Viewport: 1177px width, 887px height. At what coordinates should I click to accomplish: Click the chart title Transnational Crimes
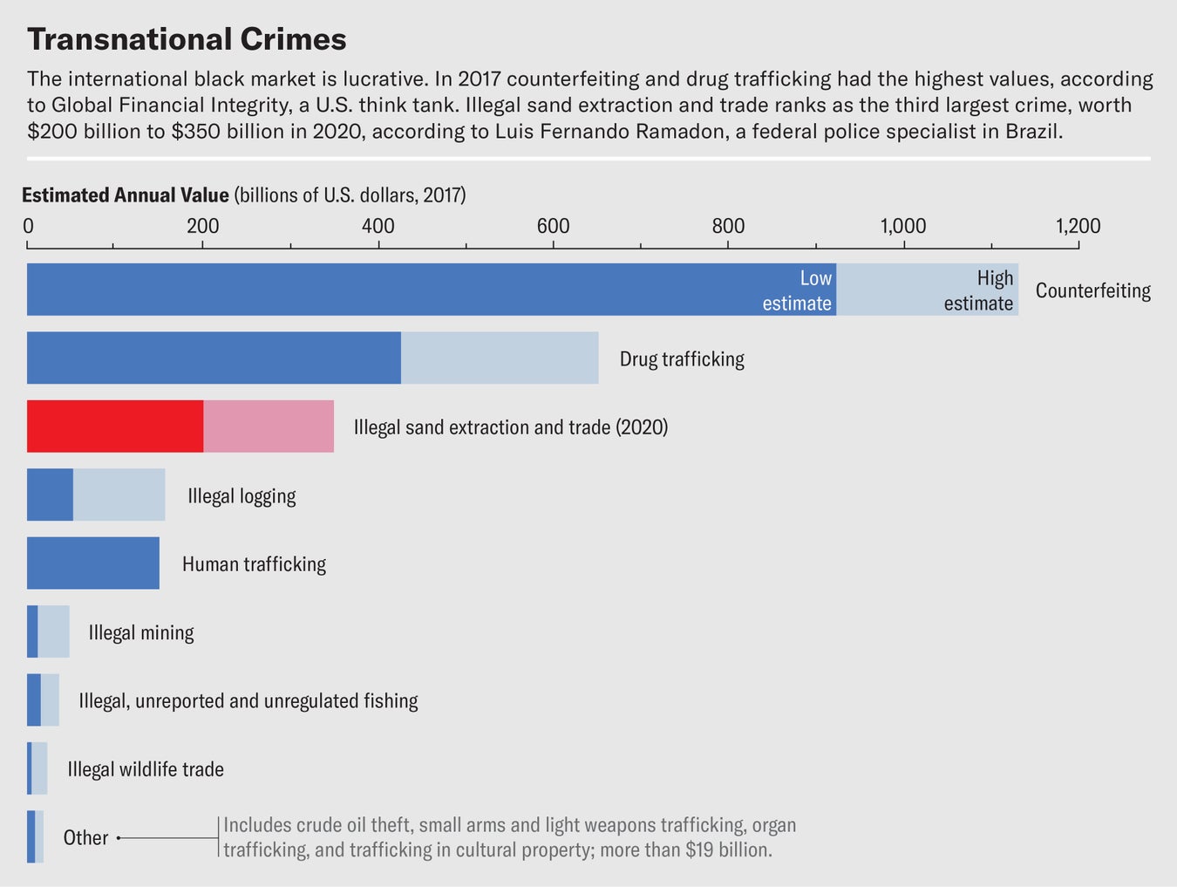187,39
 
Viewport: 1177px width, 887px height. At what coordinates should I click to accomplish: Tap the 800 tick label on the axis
728,226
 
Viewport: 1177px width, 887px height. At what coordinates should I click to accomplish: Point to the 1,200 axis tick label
1078,226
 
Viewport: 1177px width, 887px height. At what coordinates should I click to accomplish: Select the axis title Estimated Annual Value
126,194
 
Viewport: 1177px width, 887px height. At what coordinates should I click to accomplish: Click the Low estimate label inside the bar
797,290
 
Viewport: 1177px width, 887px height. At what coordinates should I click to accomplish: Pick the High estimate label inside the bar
978,290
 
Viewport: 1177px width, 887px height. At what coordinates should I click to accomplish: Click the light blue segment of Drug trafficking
500,358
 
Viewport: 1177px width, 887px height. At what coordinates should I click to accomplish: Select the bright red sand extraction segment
115,426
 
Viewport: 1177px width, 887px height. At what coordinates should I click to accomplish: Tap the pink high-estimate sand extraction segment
269,426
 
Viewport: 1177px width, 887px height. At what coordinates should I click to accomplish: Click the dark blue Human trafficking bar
93,563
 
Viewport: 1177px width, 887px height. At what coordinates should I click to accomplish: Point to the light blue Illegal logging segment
119,495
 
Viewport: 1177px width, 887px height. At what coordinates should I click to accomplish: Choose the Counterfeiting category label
1092,290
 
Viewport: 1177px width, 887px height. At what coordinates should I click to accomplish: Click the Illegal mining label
141,632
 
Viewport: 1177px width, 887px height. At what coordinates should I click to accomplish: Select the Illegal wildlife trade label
146,769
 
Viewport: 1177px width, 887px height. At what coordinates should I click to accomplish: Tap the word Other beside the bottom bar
85,837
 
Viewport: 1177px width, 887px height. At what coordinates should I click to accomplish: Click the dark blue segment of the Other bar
31,837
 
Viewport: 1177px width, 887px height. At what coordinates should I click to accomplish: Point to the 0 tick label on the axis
28,226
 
